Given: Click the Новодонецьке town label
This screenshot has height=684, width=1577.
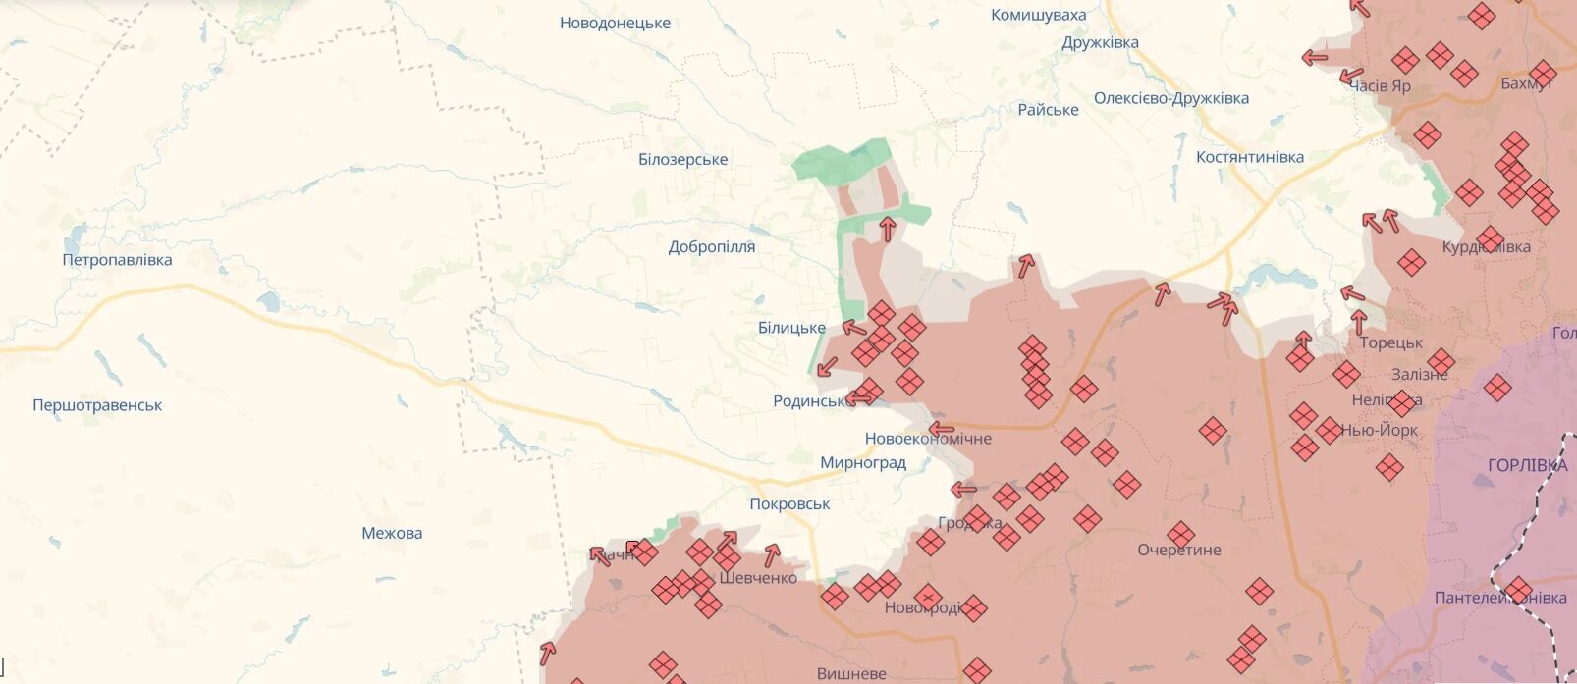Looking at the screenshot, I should pyautogui.click(x=615, y=23).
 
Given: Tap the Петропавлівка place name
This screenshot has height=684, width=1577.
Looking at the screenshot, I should pyautogui.click(x=117, y=260).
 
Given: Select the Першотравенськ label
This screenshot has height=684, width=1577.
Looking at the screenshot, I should pyautogui.click(x=97, y=405).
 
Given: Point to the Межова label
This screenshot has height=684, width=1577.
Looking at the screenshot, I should pyautogui.click(x=392, y=533).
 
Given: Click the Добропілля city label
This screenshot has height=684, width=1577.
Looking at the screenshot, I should pyautogui.click(x=712, y=247).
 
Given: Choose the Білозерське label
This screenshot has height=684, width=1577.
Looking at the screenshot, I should pyautogui.click(x=683, y=159).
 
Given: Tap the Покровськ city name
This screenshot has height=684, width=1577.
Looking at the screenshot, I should pyautogui.click(x=789, y=503).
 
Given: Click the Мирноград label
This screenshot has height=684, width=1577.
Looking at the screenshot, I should pyautogui.click(x=863, y=462).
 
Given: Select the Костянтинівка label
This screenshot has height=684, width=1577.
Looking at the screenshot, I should pyautogui.click(x=1250, y=157).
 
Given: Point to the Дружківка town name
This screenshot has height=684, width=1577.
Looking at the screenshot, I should pyautogui.click(x=1100, y=42).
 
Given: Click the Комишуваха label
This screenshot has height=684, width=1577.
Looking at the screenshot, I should pyautogui.click(x=1038, y=15).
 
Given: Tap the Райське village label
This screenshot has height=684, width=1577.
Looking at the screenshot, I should pyautogui.click(x=1048, y=110).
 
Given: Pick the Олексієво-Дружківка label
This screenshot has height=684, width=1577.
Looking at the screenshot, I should pyautogui.click(x=1171, y=98).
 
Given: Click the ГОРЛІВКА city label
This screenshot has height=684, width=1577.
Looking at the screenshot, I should pyautogui.click(x=1527, y=465).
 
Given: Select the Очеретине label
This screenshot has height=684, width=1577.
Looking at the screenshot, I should pyautogui.click(x=1179, y=550).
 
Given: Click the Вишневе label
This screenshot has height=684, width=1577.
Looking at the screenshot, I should pyautogui.click(x=851, y=673).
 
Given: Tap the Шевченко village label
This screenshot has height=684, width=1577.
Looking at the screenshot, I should pyautogui.click(x=758, y=578).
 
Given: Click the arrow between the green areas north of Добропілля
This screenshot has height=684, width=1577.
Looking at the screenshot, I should pyautogui.click(x=887, y=230).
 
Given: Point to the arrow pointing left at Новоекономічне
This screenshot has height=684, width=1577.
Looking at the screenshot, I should pyautogui.click(x=942, y=429).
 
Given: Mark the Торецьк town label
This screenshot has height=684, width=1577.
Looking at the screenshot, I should pyautogui.click(x=1391, y=342).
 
